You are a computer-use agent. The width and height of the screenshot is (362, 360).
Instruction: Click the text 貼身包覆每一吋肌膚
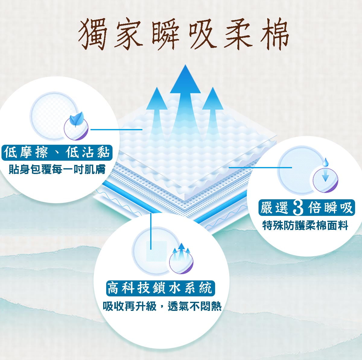[x=57, y=169]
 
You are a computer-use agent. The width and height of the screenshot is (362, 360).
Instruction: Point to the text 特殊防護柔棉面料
[x=305, y=225]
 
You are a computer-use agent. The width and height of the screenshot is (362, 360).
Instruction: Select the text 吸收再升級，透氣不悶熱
[x=162, y=307]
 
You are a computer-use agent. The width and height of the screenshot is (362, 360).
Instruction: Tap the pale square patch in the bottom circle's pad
[x=156, y=251]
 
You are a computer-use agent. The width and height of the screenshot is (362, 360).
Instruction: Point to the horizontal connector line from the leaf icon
[x=116, y=130]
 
